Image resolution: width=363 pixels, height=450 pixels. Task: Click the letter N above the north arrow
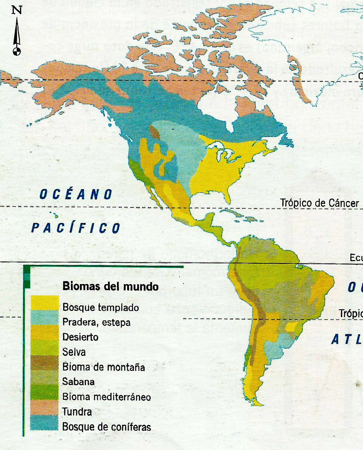(17, 10)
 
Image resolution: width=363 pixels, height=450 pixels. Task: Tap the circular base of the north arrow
(17, 51)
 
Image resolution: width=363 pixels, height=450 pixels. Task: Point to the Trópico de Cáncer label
(319, 203)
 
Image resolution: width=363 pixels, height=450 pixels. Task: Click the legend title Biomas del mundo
(110, 286)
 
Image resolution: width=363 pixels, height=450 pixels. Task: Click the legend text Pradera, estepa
(97, 322)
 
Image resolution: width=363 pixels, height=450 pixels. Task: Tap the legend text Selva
(74, 352)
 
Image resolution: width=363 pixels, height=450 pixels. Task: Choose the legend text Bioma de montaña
(103, 367)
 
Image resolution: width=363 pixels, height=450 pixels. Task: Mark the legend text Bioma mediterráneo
(106, 397)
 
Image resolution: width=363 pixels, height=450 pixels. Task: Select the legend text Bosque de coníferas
(106, 427)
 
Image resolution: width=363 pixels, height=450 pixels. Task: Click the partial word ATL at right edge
(346, 339)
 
